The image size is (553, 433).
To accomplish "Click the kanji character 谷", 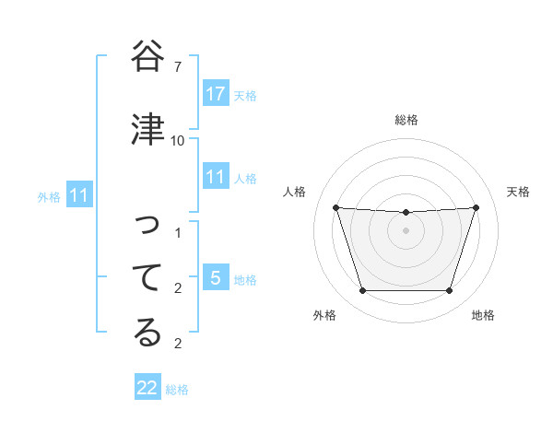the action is click(147, 57).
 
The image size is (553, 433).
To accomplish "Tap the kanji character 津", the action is click(147, 130).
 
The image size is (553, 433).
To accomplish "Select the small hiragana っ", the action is click(147, 226).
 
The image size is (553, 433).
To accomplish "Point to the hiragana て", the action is click(147, 276).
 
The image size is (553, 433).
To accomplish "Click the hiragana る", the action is click(147, 333).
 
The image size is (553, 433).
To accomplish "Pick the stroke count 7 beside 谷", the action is click(177, 67).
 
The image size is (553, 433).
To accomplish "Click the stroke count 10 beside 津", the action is click(177, 140).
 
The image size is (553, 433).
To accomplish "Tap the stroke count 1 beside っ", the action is click(177, 233).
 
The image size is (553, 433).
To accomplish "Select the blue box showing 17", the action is click(216, 94).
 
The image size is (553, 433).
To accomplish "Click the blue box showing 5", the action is click(216, 278).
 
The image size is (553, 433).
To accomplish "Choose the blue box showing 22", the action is click(147, 388).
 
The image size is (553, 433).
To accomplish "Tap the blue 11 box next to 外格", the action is click(79, 195).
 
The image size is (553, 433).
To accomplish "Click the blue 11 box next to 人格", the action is click(216, 177).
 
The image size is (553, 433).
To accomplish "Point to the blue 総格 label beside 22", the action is click(178, 390).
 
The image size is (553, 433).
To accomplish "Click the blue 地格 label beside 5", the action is click(245, 279).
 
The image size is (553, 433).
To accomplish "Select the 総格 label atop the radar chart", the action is click(406, 120).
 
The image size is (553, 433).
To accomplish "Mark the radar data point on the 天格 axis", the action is click(477, 207).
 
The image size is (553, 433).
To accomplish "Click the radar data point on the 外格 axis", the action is click(362, 291).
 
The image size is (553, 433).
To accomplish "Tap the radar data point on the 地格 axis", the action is click(450, 291).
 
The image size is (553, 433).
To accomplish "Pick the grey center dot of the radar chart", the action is click(406, 230).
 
